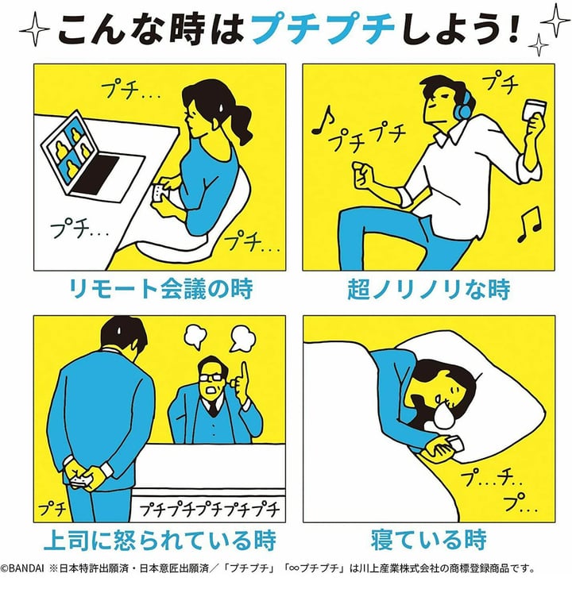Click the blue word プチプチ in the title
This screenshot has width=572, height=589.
click(x=323, y=29)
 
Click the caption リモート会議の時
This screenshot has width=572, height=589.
click(x=160, y=288)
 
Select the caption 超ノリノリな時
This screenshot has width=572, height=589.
click(x=428, y=288)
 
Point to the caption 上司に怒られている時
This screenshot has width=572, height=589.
click(x=160, y=540)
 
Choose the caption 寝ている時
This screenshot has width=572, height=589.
click(x=429, y=540)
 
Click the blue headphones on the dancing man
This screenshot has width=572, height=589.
click(x=463, y=104)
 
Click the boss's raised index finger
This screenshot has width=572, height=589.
click(x=244, y=375)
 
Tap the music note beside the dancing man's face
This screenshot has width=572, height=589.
click(x=323, y=120)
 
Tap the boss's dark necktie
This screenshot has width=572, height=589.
click(x=213, y=408)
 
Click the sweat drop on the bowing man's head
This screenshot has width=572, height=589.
click(x=119, y=330)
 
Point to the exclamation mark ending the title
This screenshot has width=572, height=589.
click(x=511, y=29)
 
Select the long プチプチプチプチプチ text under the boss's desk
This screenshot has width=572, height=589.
click(x=210, y=510)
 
